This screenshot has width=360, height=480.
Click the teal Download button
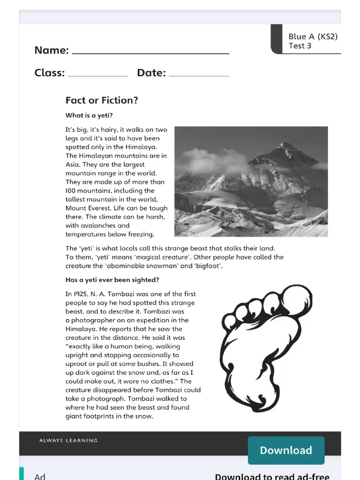pos(286,450)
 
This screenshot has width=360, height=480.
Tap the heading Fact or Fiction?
pos(102,100)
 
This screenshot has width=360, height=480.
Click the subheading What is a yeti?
pos(89,115)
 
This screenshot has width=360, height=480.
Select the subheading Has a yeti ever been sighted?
pos(112,280)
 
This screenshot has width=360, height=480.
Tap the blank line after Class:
pos(98,75)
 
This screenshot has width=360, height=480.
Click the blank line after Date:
pos(199,75)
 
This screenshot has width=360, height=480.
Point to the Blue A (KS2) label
pos(313,37)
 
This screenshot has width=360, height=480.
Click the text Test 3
pos(300,46)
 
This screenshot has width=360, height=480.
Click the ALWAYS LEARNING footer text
pos(68,441)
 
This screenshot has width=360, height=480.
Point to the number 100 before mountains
pos(71,190)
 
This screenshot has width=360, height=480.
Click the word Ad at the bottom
pos(40,475)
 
